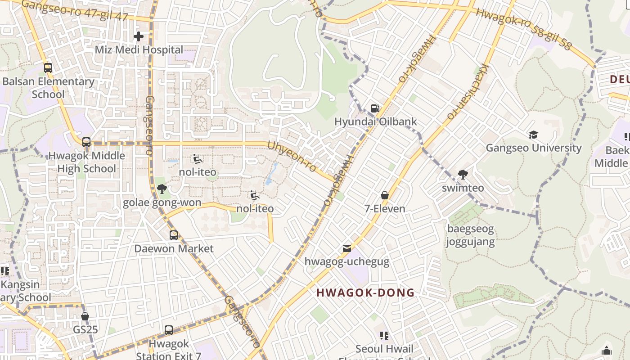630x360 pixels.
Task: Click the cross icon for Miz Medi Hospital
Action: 139,36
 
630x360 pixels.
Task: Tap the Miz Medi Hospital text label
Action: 139,49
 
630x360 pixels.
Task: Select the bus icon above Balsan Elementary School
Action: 48,68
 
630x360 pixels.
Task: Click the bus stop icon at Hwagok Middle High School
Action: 86,142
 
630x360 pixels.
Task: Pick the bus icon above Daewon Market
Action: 174,235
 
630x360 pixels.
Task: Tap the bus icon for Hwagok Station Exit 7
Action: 169,330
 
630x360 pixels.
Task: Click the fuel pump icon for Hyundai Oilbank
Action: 375,108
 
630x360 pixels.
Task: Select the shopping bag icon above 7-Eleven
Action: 385,195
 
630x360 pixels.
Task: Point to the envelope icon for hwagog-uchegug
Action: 347,248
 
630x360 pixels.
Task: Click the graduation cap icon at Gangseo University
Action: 534,135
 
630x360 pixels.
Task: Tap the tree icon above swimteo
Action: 463,175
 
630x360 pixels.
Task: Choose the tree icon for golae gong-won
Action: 162,189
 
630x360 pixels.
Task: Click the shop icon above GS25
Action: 85,316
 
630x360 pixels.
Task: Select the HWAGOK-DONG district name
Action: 365,292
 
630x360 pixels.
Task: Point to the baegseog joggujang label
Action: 470,235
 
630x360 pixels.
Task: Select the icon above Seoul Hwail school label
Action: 384,335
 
